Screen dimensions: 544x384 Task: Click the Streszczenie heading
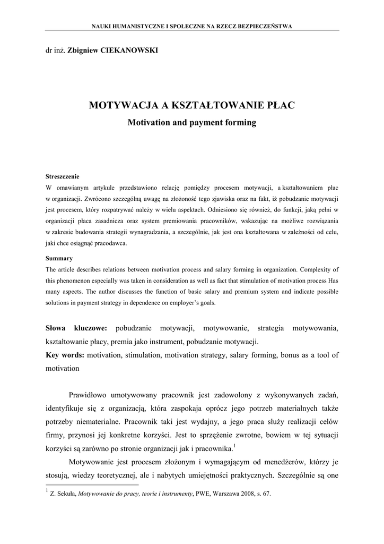(63, 176)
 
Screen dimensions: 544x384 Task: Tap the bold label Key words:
(65, 355)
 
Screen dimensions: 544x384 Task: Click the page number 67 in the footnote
(267, 494)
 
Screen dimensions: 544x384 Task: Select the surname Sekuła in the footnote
(66, 494)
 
